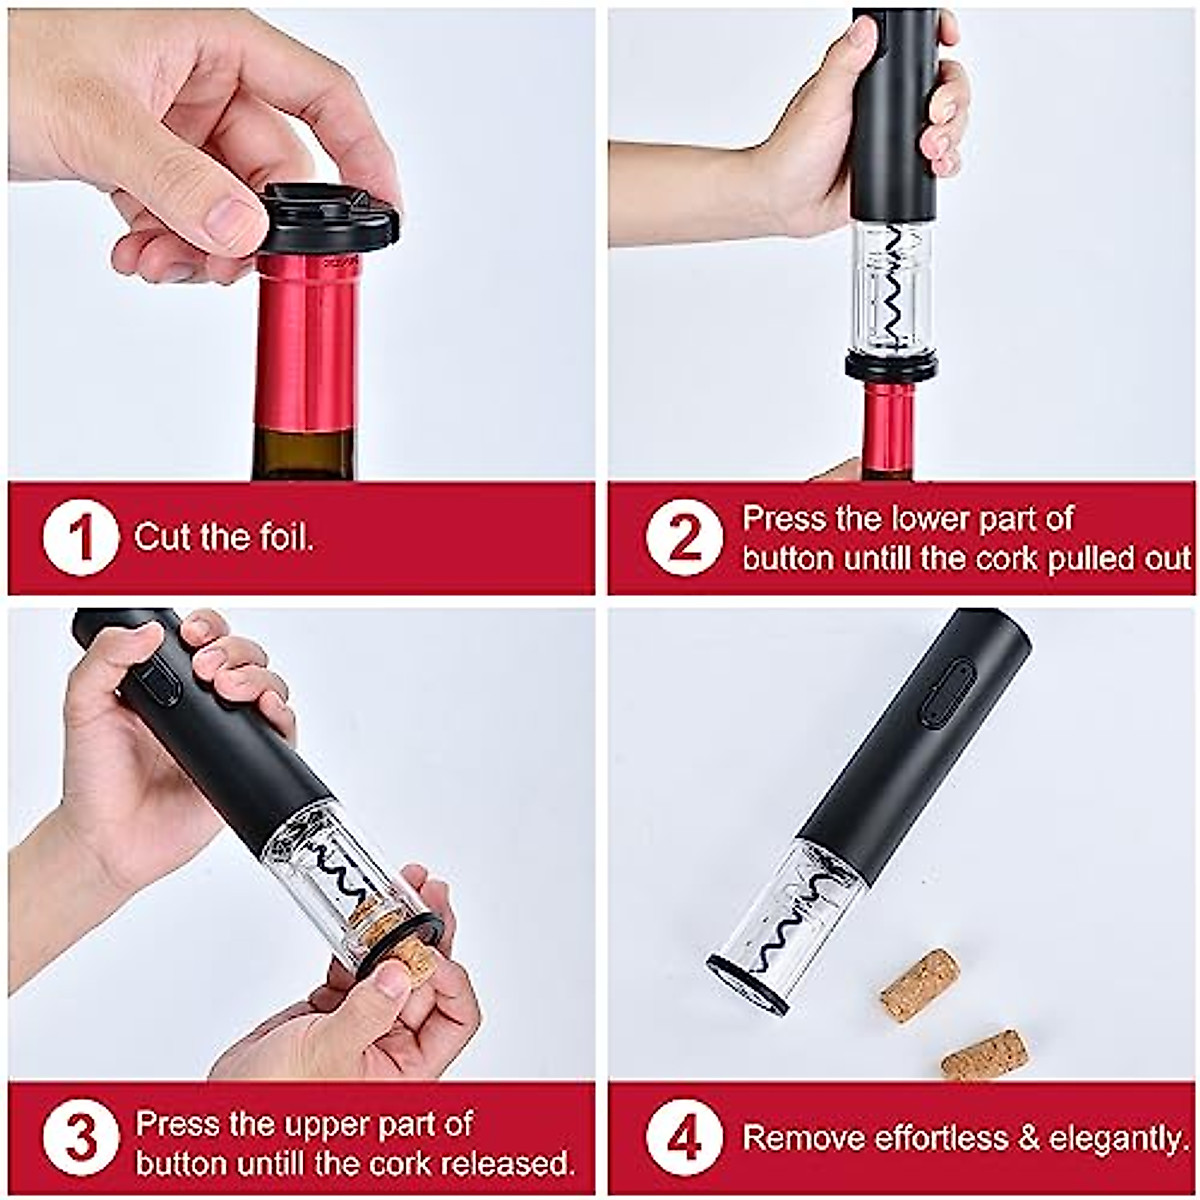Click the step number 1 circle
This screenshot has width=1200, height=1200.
click(x=80, y=538)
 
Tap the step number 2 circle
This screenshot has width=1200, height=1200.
click(x=684, y=538)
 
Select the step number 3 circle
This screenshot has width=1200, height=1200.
click(x=80, y=1140)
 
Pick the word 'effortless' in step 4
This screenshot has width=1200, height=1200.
click(x=940, y=1138)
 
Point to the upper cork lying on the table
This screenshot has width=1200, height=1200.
click(x=920, y=985)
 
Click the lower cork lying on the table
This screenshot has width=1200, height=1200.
click(x=984, y=1055)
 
